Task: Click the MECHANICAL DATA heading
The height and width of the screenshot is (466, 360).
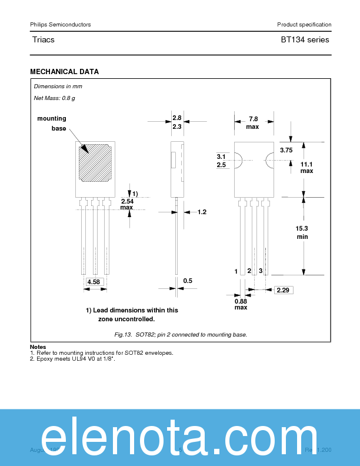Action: point(64,72)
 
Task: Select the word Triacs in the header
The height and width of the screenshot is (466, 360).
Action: point(44,40)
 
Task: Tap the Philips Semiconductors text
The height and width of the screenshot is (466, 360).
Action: point(60,24)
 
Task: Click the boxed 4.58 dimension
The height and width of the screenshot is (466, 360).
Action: point(94,282)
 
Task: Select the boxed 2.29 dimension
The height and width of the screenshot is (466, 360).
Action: point(282,290)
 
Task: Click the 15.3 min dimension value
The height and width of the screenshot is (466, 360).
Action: point(302,232)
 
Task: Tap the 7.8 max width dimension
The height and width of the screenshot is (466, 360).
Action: point(252,122)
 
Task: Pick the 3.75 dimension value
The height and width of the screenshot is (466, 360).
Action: point(286,151)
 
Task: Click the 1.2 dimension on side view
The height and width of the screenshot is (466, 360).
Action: point(202,212)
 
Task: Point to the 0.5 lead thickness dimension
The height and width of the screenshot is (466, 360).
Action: point(188,281)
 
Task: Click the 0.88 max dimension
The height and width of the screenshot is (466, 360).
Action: point(241,304)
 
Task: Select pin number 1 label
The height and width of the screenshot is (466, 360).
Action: point(236,271)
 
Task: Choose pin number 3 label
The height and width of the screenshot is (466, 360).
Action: point(260,271)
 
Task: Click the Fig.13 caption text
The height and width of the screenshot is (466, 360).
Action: point(181,334)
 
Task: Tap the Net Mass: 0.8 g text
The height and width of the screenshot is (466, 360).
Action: point(54,98)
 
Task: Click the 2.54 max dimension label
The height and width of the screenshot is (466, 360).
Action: point(126,204)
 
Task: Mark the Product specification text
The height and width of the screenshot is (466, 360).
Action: point(304,24)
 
